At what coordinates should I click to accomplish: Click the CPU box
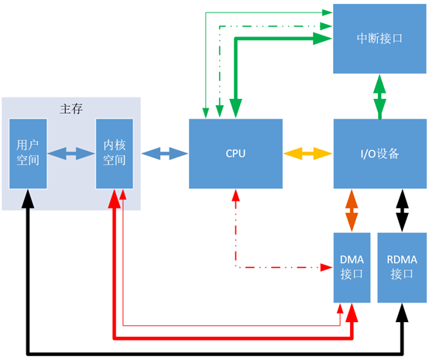point(235,153)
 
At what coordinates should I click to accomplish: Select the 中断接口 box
point(379,39)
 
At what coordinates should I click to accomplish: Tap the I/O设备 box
point(380,153)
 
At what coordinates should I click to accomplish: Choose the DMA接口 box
point(352,268)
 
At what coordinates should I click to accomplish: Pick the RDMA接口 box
point(402,268)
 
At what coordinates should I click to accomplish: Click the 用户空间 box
point(28,153)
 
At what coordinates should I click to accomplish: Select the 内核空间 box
point(115,153)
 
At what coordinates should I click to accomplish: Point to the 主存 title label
point(71,109)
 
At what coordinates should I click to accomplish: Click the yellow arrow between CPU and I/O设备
point(307,153)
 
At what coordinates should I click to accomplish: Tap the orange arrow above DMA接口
point(352,211)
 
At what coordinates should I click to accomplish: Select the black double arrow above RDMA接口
point(402,211)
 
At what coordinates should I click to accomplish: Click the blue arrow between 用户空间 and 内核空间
point(71,153)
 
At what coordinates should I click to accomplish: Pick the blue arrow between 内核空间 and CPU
point(165,153)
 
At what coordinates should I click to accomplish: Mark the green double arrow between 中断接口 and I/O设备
point(379,97)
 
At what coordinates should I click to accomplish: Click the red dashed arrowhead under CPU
point(235,195)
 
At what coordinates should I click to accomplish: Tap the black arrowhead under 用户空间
point(28,199)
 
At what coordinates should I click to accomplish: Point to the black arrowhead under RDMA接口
point(402,313)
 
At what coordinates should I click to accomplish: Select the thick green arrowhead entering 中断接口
point(323,39)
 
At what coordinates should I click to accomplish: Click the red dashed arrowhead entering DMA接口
point(327,267)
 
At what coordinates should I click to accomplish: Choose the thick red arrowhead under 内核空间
point(115,199)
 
